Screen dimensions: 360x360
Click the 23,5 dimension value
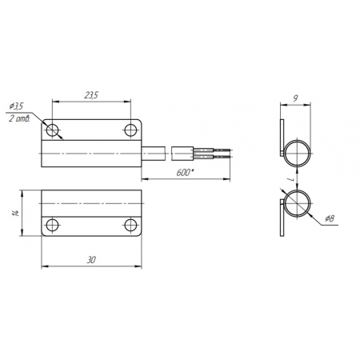[x=91, y=95]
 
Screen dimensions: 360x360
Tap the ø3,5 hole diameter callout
[x=16, y=106]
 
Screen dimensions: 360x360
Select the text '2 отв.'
[x=19, y=118]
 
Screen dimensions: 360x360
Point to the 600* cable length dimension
[x=184, y=173]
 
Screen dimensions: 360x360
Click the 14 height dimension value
[x=16, y=213]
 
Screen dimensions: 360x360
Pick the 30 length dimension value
[x=91, y=260]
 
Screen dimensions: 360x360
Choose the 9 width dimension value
[x=295, y=98]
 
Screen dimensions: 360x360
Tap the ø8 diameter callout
[x=330, y=218]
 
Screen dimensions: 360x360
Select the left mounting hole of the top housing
[x=53, y=130]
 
